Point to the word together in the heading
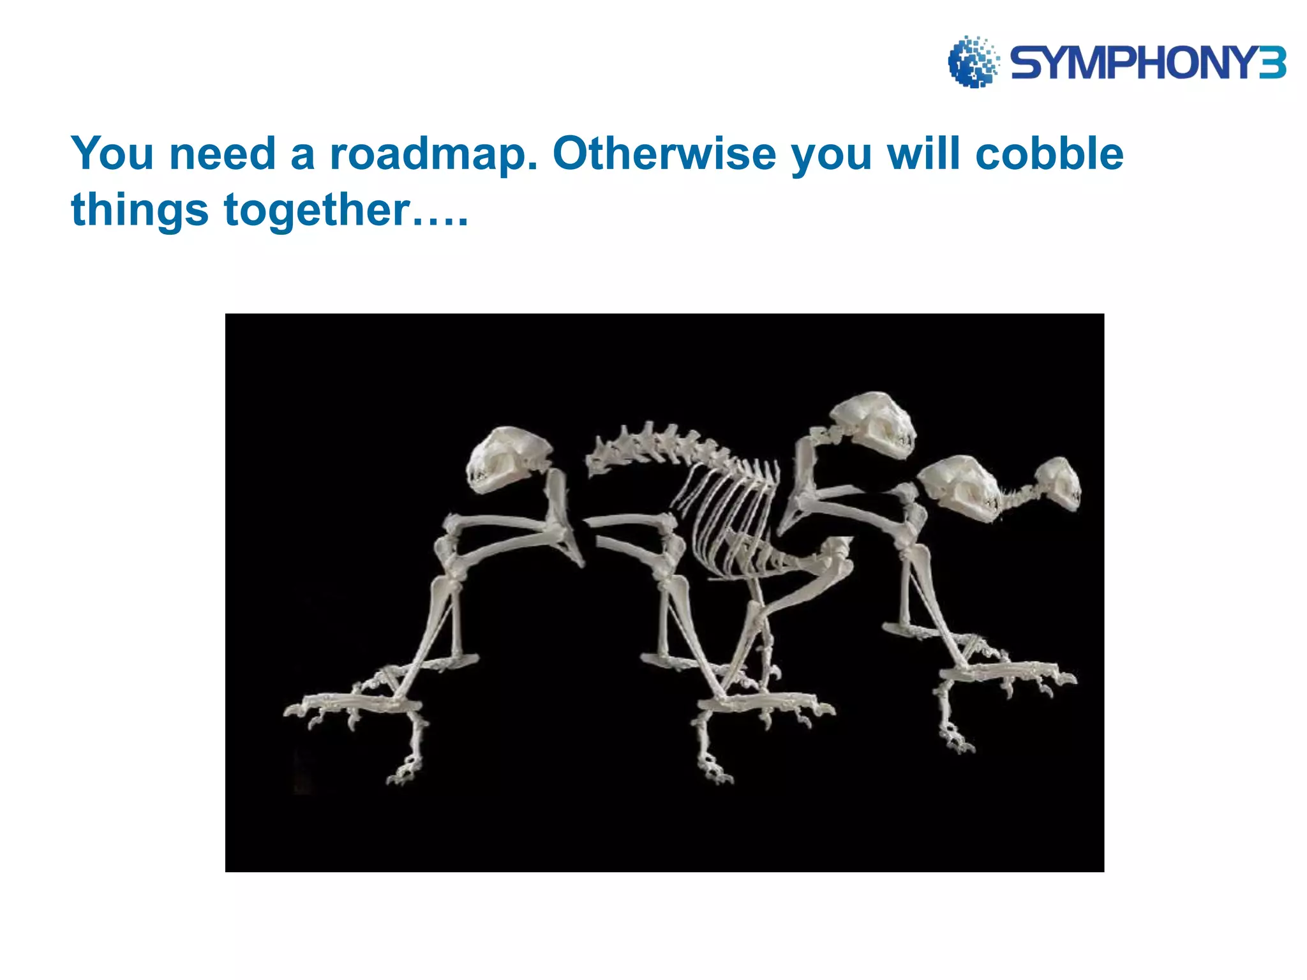[317, 210]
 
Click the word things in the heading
[140, 211]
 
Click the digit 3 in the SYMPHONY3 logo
[1272, 63]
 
